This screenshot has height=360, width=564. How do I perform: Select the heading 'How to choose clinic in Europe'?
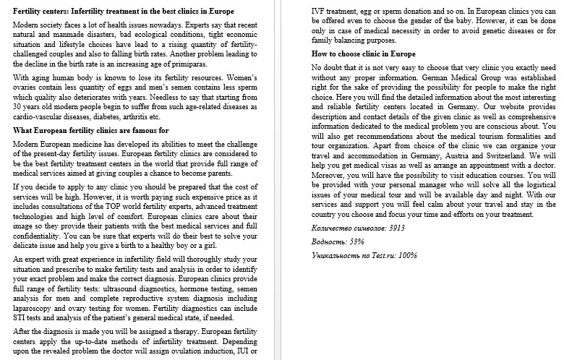coord(363,54)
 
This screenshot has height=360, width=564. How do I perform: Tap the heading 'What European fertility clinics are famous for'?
coord(102,130)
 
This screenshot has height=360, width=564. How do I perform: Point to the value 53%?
coord(355,241)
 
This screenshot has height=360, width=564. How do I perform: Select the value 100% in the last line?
coord(408,255)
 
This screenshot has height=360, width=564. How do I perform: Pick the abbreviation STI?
coord(22,317)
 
